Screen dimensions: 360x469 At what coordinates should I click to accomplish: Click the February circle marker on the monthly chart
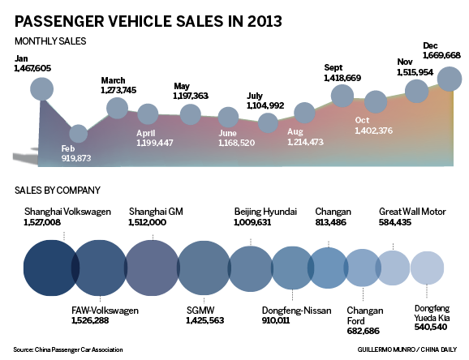[78, 134]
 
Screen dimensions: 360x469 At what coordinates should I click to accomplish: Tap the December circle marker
[450, 79]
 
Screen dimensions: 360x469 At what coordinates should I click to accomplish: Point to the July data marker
[268, 123]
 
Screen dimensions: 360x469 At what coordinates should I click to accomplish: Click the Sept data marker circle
[342, 96]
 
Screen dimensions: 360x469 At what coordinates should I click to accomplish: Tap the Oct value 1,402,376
[374, 131]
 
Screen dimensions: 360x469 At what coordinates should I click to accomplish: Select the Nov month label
[405, 62]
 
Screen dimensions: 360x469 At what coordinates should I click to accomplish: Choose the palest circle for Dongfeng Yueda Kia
[427, 267]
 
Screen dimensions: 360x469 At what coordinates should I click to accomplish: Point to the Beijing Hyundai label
[265, 212]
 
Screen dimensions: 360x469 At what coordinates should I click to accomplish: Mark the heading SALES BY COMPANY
[57, 191]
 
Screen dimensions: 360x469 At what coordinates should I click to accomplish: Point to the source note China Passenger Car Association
[69, 350]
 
